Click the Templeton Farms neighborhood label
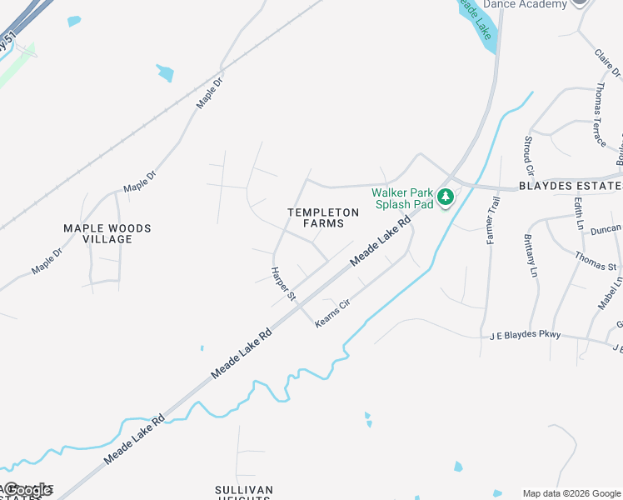click(x=323, y=217)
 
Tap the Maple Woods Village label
click(x=107, y=233)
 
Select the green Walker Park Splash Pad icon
click(x=446, y=197)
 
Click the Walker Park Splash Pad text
click(x=404, y=197)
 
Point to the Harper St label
click(x=283, y=283)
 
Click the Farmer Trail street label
click(x=492, y=220)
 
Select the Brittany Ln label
click(x=529, y=255)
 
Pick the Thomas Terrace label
click(x=600, y=115)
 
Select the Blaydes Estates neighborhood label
click(x=571, y=186)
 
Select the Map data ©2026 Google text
click(x=571, y=493)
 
